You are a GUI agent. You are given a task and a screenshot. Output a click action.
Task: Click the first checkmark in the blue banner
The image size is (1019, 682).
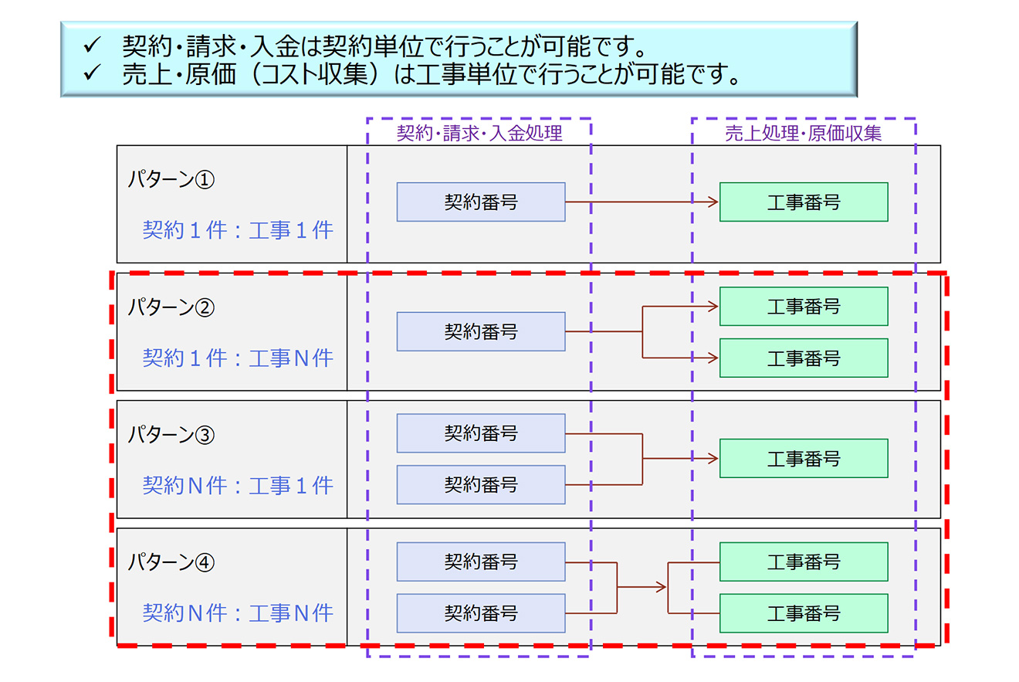pyautogui.click(x=92, y=45)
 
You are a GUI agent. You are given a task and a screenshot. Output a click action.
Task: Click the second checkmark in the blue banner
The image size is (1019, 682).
pyautogui.click(x=92, y=73)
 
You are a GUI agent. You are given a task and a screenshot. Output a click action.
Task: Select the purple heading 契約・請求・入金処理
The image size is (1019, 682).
pyautogui.click(x=479, y=134)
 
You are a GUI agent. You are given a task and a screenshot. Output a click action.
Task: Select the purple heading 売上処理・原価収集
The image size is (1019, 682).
pyautogui.click(x=804, y=134)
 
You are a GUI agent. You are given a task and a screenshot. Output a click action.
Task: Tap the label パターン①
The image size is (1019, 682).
pyautogui.click(x=171, y=179)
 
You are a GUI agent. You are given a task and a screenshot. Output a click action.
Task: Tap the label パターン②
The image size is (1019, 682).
pyautogui.click(x=171, y=307)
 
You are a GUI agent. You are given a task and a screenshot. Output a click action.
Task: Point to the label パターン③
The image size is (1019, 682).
pyautogui.click(x=171, y=435)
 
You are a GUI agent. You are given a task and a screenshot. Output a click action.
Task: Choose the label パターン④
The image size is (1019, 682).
pyautogui.click(x=171, y=562)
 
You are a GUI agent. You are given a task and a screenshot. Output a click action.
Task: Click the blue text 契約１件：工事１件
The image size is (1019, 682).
pyautogui.click(x=238, y=230)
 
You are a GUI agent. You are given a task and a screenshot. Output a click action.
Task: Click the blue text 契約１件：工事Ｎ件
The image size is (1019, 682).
pyautogui.click(x=238, y=358)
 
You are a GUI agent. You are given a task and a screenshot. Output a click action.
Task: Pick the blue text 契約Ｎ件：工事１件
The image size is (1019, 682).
pyautogui.click(x=238, y=485)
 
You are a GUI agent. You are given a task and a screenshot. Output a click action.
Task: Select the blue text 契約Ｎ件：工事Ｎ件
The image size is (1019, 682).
pyautogui.click(x=238, y=612)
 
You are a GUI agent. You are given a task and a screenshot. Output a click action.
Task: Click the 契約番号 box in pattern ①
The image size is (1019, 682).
pyautogui.click(x=481, y=202)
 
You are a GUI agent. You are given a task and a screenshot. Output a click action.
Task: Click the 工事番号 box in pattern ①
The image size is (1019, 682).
pyautogui.click(x=804, y=202)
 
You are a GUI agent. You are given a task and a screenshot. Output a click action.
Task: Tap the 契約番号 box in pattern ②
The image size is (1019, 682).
pyautogui.click(x=481, y=331)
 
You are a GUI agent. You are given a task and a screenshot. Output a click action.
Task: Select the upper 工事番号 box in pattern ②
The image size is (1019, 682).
pyautogui.click(x=804, y=307)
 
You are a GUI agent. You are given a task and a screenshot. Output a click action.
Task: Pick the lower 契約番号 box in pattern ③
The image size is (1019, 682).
pyautogui.click(x=481, y=485)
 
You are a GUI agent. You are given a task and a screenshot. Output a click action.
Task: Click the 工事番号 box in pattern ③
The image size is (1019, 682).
pyautogui.click(x=804, y=459)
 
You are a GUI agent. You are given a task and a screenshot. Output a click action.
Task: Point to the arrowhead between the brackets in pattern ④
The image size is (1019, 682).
pyautogui.click(x=662, y=587)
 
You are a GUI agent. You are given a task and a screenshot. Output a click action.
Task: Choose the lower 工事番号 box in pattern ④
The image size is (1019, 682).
pyautogui.click(x=804, y=613)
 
